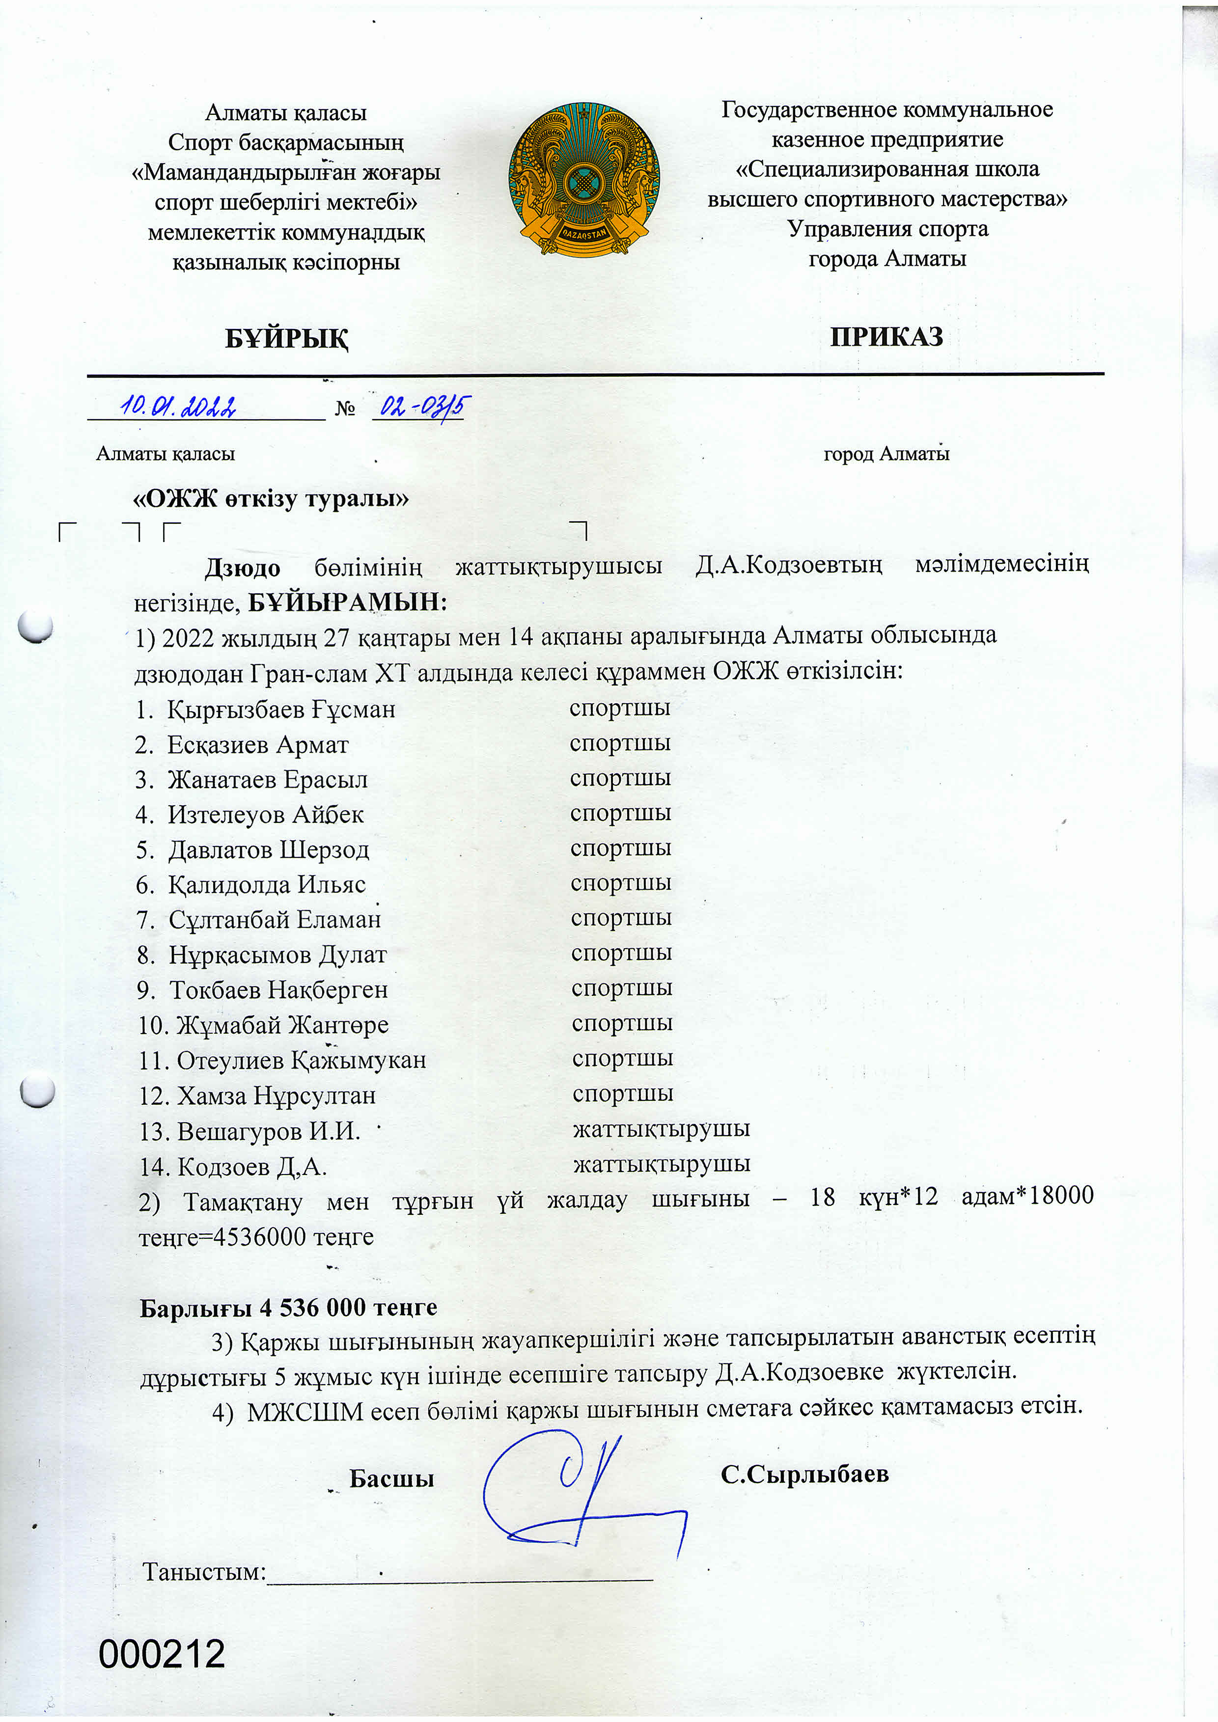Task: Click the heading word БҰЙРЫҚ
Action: [286, 339]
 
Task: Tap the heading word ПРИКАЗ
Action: [886, 337]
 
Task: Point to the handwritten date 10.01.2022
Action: [178, 407]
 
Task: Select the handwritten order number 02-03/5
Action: [421, 407]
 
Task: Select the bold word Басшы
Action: [391, 1478]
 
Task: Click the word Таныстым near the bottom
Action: [204, 1572]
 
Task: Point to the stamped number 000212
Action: [162, 1654]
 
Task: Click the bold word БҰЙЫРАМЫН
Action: [347, 601]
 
